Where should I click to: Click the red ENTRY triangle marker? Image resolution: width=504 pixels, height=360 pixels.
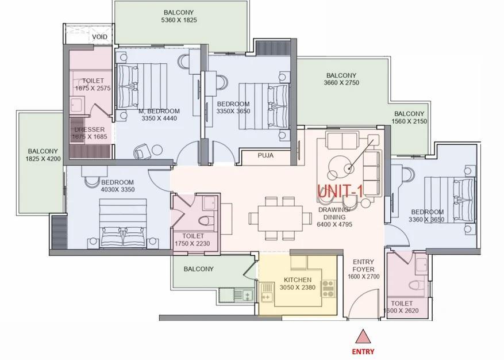(363, 336)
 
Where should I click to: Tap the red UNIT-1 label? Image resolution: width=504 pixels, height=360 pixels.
(340, 191)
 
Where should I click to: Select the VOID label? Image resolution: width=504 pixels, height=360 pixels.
(99, 37)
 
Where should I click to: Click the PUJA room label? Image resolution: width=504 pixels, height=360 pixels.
(266, 155)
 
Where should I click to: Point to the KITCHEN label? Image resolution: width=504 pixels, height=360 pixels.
(298, 280)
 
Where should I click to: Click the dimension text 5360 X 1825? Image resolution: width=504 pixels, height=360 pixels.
(179, 20)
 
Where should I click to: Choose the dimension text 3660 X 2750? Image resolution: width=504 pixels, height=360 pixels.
(341, 83)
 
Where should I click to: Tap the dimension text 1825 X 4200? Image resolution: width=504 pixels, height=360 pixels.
(43, 158)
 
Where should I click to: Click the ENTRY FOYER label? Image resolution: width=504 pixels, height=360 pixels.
(364, 266)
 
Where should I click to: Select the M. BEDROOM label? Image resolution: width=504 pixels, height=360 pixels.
(159, 111)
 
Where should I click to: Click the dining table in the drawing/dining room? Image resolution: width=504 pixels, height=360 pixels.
(280, 219)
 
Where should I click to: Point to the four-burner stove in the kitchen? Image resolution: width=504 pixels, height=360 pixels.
(329, 289)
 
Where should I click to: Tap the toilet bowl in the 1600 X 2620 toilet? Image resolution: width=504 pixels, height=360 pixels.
(418, 285)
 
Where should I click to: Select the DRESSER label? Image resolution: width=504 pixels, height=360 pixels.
(89, 129)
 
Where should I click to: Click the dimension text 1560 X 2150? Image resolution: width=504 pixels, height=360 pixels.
(409, 121)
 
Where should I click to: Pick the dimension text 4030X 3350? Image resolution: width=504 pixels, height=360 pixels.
(118, 190)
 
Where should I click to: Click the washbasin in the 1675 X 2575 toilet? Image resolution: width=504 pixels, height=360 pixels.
(78, 105)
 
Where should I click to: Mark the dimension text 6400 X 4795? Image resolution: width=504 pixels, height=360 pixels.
(334, 224)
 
